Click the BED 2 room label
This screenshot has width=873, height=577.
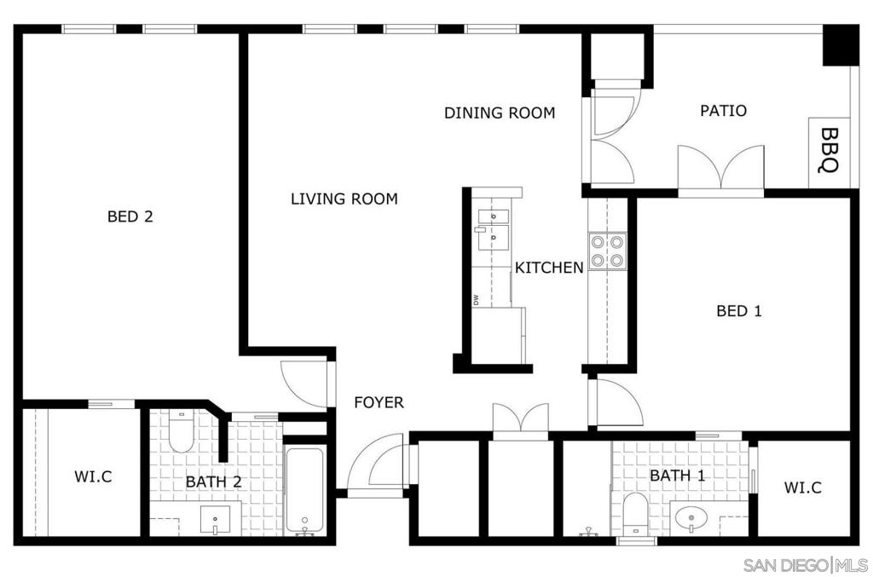pyautogui.click(x=130, y=216)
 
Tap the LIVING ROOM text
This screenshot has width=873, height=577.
pyautogui.click(x=344, y=199)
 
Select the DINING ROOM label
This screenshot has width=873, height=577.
pyautogui.click(x=500, y=113)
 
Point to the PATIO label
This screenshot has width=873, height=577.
pyautogui.click(x=723, y=111)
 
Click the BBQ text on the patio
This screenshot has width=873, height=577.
pyautogui.click(x=830, y=150)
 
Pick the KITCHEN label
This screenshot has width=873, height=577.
pyautogui.click(x=549, y=268)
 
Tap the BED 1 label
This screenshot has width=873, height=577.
pyautogui.click(x=739, y=310)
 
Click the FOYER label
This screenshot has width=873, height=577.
pyautogui.click(x=379, y=402)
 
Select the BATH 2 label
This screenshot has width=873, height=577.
pyautogui.click(x=213, y=482)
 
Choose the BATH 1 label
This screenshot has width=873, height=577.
pyautogui.click(x=678, y=476)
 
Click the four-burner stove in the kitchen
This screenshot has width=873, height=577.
pyautogui.click(x=607, y=251)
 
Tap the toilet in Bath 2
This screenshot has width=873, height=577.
pyautogui.click(x=180, y=431)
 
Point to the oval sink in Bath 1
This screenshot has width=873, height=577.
pyautogui.click(x=691, y=518)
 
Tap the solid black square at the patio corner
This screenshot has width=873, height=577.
pyautogui.click(x=841, y=45)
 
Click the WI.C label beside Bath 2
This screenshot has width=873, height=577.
pyautogui.click(x=93, y=476)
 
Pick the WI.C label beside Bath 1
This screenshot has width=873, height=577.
pyautogui.click(x=802, y=488)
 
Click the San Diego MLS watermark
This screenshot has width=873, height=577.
pyautogui.click(x=805, y=565)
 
